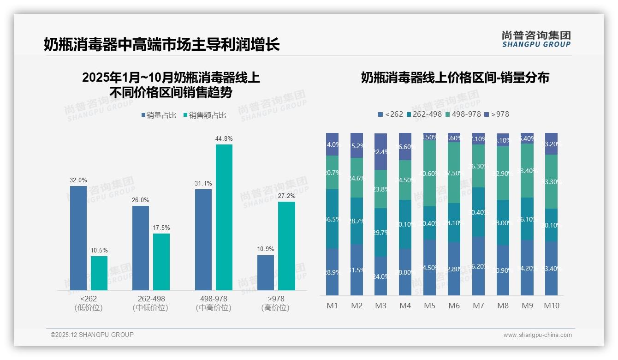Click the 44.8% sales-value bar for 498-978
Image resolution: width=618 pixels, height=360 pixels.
(224, 217)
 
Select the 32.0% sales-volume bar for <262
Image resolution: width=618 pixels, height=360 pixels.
(78, 238)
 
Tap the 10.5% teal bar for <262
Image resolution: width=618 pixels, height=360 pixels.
(99, 273)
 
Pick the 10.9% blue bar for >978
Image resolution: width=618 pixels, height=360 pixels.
(266, 272)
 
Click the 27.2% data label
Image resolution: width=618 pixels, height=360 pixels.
(287, 196)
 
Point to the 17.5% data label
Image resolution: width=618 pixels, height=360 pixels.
(161, 228)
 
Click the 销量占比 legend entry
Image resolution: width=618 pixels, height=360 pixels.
(159, 115)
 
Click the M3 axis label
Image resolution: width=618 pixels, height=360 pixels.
(380, 306)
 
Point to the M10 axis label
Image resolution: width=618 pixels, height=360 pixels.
(552, 306)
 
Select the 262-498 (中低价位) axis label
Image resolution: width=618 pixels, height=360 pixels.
(151, 303)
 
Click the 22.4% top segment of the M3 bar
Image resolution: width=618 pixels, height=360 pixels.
(380, 151)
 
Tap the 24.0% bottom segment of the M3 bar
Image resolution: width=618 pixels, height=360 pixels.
(380, 276)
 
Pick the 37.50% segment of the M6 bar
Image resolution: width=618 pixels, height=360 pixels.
(454, 173)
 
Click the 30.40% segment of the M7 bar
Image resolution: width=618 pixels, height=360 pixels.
(479, 212)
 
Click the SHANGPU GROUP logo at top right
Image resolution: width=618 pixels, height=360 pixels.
(536, 39)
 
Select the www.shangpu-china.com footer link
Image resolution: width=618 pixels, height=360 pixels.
(537, 335)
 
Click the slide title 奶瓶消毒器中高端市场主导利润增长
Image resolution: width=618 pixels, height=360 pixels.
(162, 45)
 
